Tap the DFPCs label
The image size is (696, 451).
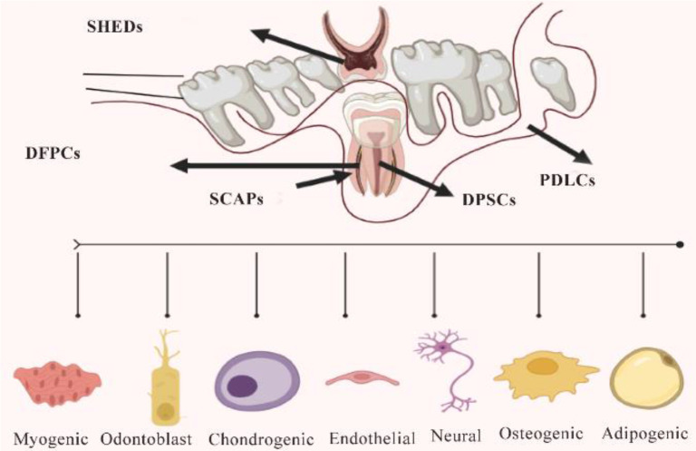coord(53,152)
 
